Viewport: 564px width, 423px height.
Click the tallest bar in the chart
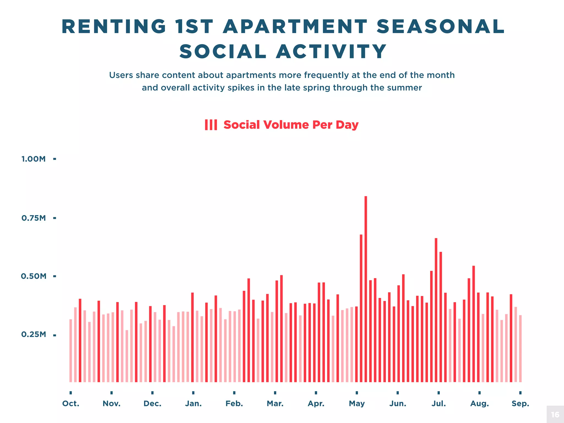pos(366,289)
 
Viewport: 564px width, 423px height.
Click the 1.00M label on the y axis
pos(33,159)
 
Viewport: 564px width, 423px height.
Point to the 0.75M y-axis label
pos(33,218)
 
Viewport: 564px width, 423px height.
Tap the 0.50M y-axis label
pos(33,276)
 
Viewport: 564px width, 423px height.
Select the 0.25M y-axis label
pos(33,335)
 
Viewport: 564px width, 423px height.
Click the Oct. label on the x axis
pos(70,404)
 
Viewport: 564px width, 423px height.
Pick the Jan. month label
pos(193,404)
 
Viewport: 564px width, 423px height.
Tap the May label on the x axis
pos(357,404)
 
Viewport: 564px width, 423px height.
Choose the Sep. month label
pos(520,404)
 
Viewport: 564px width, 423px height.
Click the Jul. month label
pos(438,404)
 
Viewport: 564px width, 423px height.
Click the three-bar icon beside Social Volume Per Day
pos(211,125)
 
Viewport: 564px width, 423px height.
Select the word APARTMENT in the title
pos(295,27)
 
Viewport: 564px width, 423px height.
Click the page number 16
pos(555,414)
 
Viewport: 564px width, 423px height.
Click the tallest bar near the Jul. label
pos(436,310)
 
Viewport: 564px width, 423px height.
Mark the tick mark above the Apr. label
pos(316,393)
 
